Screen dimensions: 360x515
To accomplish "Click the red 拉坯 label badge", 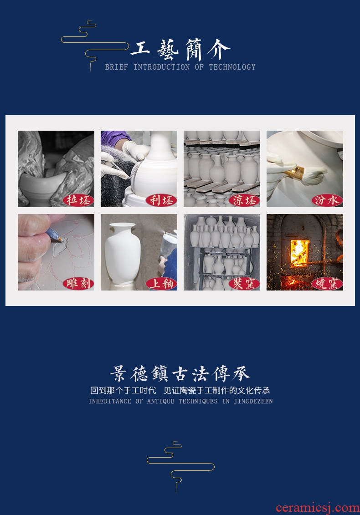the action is [78, 200].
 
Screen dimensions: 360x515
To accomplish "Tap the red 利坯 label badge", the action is [161, 200].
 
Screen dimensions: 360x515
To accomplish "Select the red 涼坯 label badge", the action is [244, 200].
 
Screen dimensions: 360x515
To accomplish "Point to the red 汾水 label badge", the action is [327, 200].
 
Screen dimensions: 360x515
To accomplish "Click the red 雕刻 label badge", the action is [78, 283].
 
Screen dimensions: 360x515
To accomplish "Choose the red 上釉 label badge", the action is [161, 283].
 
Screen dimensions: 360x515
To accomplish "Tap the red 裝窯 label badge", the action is [244, 283].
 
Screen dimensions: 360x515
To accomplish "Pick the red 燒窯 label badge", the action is [327, 283].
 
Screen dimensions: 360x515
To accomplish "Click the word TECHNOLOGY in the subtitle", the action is [232, 67].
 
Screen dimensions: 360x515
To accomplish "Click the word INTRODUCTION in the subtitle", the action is [161, 67].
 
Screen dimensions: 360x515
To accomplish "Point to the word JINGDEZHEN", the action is [253, 401].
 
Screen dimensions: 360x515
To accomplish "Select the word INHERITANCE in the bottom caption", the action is [110, 401].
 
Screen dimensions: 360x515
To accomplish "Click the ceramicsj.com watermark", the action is [318, 508].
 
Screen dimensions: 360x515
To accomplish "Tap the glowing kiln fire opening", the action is [300, 252].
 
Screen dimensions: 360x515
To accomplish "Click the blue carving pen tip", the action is [60, 239].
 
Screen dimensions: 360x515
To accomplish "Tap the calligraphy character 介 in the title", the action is [218, 49].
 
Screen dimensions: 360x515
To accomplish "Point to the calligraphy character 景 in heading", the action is [118, 374].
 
